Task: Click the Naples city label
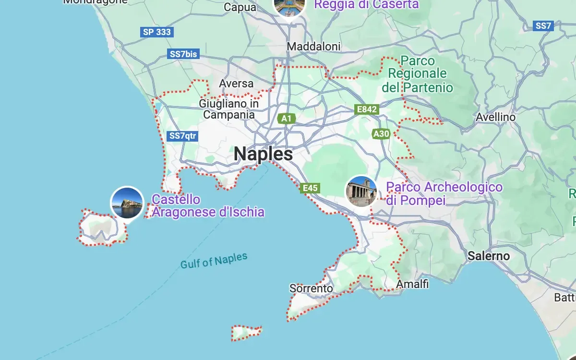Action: tap(263, 154)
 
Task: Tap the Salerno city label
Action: tap(489, 256)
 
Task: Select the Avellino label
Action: tap(495, 117)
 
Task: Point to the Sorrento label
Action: tap(311, 288)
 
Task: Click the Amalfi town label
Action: tap(412, 285)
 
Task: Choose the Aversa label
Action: tap(236, 84)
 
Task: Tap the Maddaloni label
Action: tap(313, 47)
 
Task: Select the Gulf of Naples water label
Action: tap(214, 261)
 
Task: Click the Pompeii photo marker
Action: tap(361, 191)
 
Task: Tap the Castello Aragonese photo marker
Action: tap(127, 203)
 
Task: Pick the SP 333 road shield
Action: tap(156, 32)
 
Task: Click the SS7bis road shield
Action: tap(183, 54)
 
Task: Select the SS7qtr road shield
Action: tap(183, 136)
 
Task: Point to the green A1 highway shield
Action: tap(286, 118)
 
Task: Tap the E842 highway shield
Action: tap(367, 109)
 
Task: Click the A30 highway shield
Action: tap(381, 134)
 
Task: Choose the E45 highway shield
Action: tap(310, 188)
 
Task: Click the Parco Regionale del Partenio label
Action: tap(417, 74)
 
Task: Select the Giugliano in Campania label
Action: tap(229, 109)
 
